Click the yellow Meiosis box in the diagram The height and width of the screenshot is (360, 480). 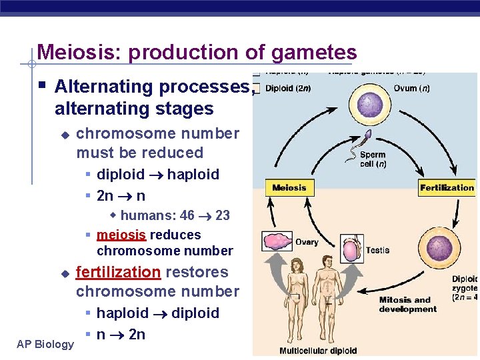(289, 188)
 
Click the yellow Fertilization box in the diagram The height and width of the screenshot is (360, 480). (447, 188)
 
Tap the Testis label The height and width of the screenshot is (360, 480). (377, 250)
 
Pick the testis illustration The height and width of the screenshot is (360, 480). (351, 251)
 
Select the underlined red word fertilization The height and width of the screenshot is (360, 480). (118, 272)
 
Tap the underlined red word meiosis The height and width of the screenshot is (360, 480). (122, 235)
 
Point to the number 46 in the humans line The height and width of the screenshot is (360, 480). (187, 215)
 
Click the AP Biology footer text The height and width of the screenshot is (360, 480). (45, 344)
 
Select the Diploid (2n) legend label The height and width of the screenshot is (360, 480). (288, 88)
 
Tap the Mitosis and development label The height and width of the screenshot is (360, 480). (407, 304)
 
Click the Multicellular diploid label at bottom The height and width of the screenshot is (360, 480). (318, 351)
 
